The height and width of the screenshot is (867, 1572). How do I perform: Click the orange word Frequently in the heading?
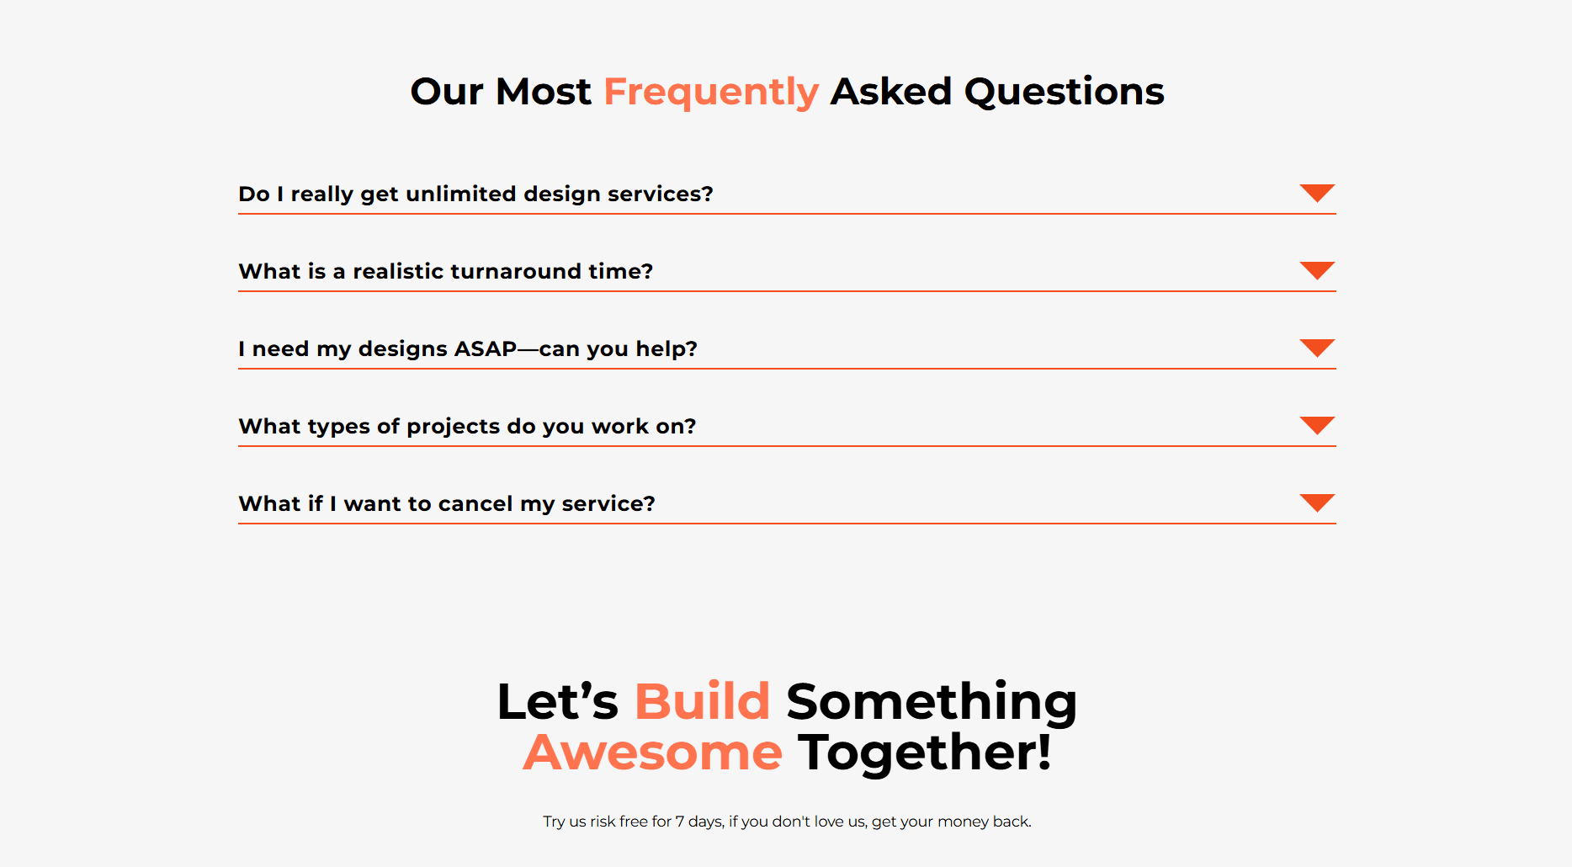711,93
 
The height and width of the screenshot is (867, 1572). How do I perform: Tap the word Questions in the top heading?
1065,92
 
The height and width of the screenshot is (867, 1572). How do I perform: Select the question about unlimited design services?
475,194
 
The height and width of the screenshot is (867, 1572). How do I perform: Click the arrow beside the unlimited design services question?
1317,193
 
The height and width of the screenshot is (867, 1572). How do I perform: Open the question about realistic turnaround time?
446,271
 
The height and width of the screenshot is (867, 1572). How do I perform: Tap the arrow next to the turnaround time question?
1317,270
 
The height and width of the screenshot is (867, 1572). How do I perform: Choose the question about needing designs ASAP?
468,349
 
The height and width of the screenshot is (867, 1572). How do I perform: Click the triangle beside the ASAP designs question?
1317,348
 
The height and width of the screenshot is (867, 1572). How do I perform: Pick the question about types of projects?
467,427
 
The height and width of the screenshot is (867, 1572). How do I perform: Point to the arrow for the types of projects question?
1317,425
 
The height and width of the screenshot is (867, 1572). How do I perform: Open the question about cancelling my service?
447,504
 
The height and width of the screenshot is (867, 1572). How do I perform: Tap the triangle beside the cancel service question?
1317,503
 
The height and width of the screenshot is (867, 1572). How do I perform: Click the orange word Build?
702,701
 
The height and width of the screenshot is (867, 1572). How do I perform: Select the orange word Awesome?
653,753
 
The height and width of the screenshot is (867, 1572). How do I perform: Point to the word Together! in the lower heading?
925,753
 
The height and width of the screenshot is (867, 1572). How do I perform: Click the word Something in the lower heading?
932,703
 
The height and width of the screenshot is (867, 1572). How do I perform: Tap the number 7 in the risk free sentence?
680,822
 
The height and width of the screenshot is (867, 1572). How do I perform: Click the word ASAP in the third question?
486,348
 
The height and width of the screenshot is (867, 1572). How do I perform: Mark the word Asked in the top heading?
891,92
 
